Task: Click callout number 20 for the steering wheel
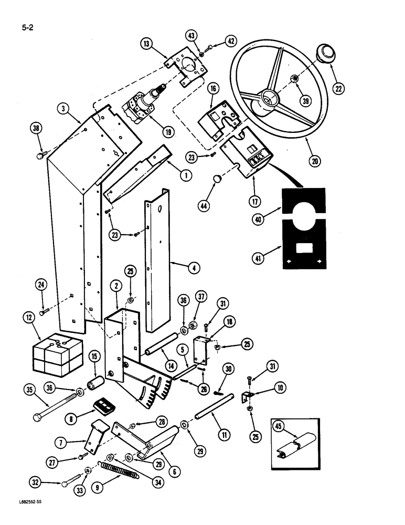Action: (x=314, y=162)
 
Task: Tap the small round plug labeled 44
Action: (x=216, y=181)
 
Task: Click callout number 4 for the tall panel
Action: (x=194, y=268)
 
